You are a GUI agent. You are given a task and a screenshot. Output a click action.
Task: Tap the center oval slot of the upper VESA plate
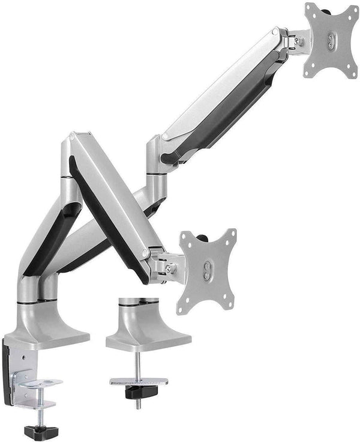click(332, 40)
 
